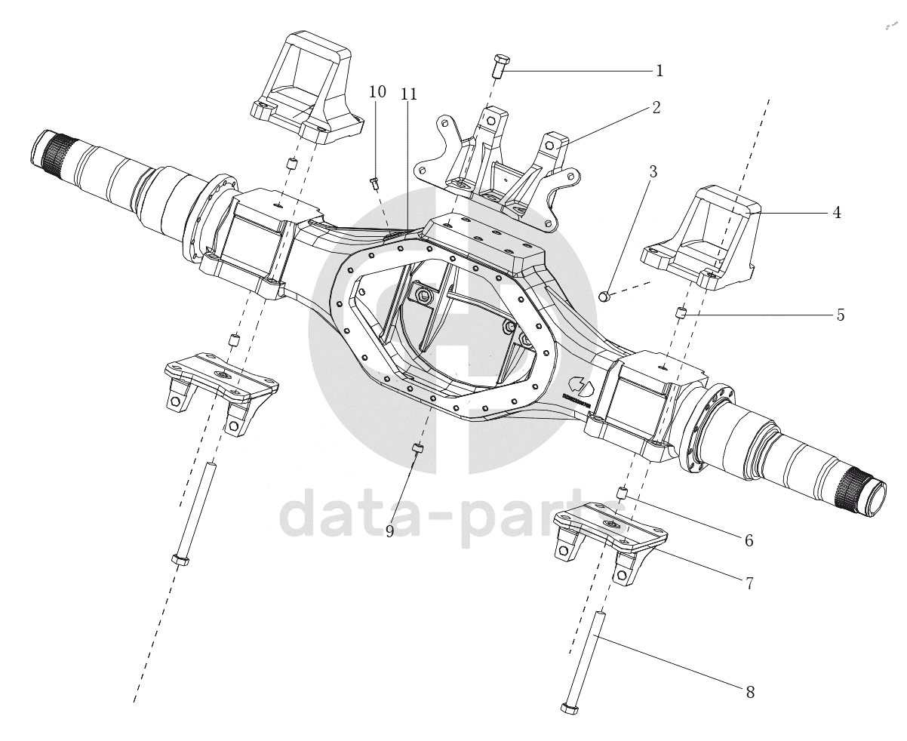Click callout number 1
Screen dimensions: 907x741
point(659,71)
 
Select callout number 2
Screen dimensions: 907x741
point(656,107)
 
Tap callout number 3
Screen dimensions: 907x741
point(653,172)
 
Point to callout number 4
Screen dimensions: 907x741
point(836,213)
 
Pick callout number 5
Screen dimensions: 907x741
point(840,315)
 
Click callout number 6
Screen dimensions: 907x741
point(749,540)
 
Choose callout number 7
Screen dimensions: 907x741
point(749,583)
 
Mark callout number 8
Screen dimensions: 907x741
point(749,691)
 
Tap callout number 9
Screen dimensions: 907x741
point(390,531)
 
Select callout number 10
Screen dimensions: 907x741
point(377,92)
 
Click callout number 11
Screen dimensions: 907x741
point(409,94)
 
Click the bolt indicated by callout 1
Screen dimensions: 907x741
point(501,66)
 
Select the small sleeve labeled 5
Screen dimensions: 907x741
point(681,312)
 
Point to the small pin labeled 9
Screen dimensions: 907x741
point(417,450)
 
